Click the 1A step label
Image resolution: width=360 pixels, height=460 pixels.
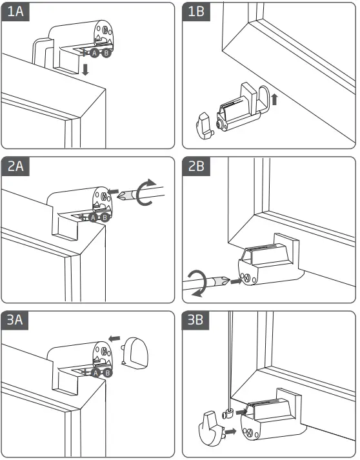[15, 12]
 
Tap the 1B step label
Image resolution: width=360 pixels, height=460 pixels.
[196, 12]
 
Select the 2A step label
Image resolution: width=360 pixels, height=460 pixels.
[15, 166]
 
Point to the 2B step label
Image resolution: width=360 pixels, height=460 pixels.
[196, 166]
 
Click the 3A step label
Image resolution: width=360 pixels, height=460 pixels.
[15, 320]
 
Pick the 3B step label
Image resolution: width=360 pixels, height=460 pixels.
[195, 320]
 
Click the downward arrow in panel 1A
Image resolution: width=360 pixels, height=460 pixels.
[85, 70]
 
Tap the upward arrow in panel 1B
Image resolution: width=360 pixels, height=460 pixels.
[274, 99]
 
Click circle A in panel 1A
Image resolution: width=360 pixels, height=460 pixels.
[94, 53]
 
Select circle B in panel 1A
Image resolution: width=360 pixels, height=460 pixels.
[106, 53]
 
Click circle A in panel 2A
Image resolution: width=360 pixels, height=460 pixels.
[93, 217]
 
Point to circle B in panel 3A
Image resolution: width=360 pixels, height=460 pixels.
[107, 373]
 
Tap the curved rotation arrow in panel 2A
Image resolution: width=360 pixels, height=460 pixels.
[146, 192]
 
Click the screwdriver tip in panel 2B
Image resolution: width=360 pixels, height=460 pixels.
[229, 281]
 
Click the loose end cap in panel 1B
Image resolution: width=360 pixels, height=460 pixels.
[205, 126]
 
